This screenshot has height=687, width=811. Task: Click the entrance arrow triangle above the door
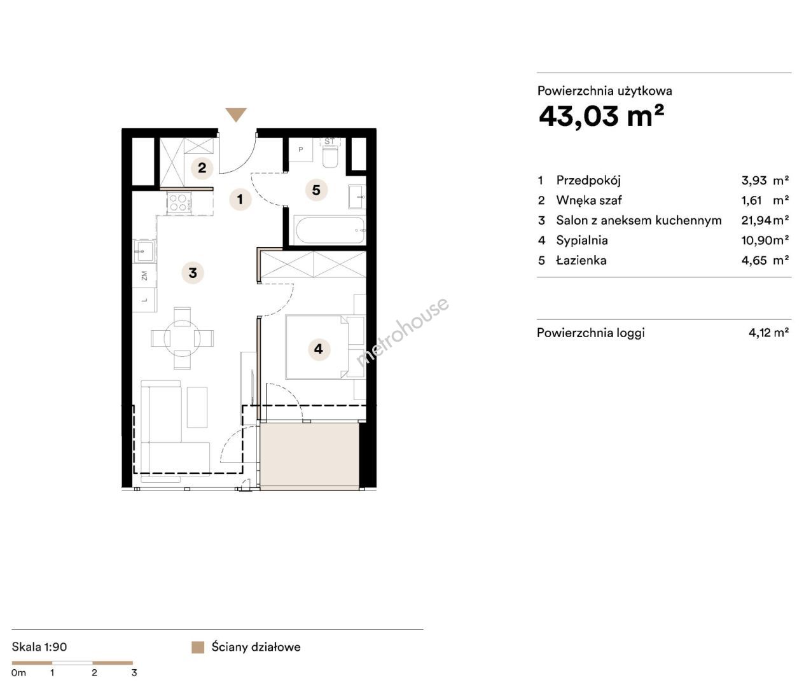click(x=236, y=114)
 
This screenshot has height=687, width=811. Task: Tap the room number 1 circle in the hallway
click(x=240, y=199)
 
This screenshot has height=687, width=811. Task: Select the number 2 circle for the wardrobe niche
click(x=202, y=168)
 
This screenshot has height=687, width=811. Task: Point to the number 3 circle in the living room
click(x=193, y=273)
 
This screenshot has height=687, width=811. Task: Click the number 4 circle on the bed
click(x=319, y=349)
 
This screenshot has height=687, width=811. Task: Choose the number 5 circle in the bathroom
click(x=316, y=190)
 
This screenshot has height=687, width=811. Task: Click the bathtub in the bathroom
click(x=330, y=230)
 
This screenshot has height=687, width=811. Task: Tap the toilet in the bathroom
click(x=330, y=156)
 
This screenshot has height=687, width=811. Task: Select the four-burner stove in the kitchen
click(x=179, y=202)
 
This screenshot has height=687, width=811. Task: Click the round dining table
click(x=182, y=338)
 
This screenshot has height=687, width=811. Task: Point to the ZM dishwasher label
click(x=144, y=275)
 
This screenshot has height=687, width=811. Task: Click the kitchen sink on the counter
click(x=144, y=251)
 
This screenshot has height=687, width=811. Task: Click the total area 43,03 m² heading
click(x=601, y=116)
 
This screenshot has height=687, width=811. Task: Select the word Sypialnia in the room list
click(x=582, y=240)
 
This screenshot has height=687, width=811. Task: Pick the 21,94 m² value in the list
click(x=765, y=220)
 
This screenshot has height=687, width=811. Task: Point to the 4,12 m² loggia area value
click(x=768, y=333)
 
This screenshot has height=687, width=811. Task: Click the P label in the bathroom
click(x=300, y=149)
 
